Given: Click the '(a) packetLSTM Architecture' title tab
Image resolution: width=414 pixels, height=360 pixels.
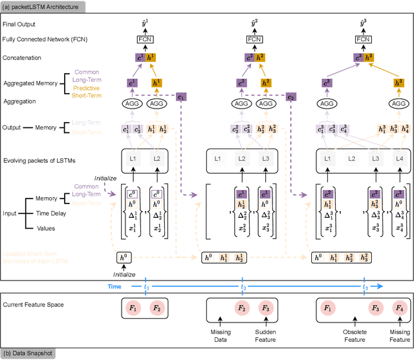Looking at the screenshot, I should click(x=42, y=6).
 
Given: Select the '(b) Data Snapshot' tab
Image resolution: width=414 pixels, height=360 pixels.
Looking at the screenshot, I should click(x=30, y=353).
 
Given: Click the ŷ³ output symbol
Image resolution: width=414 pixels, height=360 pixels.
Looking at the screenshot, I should click(x=365, y=23).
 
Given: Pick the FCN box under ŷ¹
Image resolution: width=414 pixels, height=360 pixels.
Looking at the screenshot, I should click(x=146, y=39).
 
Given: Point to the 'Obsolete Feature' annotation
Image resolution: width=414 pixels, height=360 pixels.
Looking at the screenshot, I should click(x=354, y=337).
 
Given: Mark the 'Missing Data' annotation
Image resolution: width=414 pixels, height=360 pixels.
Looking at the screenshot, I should click(x=221, y=337).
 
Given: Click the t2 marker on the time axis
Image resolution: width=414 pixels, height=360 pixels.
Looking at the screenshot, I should click(x=244, y=286).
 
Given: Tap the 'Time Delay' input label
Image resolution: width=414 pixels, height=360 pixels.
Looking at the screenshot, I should click(x=50, y=214).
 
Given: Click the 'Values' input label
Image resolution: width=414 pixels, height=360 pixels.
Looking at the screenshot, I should click(x=44, y=228).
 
